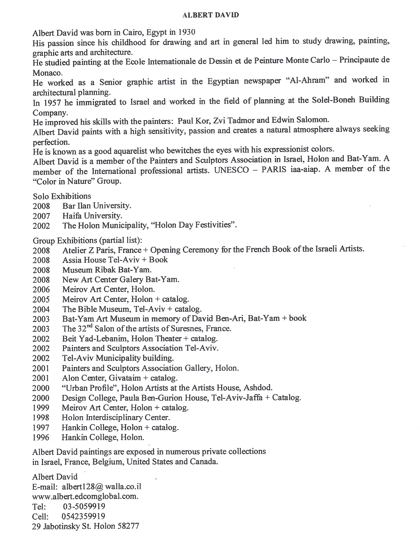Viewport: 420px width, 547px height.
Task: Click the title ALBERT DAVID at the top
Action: (210, 15)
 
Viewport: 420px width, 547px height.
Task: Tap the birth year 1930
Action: (187, 32)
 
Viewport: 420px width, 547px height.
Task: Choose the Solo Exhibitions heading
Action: (62, 196)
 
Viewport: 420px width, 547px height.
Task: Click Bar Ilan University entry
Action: (96, 206)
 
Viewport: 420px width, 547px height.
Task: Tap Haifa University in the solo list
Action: (92, 216)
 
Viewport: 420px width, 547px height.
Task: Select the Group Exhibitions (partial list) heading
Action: (87, 240)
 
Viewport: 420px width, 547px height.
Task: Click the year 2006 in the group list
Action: (41, 290)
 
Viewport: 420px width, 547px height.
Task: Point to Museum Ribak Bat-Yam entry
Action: (107, 270)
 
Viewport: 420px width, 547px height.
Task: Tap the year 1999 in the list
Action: (41, 408)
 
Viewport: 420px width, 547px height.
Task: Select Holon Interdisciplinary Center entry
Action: (116, 417)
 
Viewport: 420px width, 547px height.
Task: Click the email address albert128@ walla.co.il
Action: (101, 487)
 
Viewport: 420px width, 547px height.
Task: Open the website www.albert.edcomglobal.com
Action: (85, 497)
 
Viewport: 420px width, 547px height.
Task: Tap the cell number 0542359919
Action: (83, 516)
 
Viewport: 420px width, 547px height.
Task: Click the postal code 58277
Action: (128, 526)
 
